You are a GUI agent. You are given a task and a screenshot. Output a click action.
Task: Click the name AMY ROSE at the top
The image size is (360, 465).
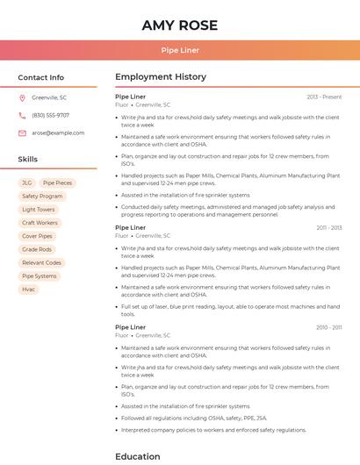point(180,25)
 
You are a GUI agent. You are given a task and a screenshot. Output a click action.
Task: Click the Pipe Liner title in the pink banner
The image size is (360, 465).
point(180,50)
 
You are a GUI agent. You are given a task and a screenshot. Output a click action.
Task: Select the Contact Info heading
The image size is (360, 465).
point(41,77)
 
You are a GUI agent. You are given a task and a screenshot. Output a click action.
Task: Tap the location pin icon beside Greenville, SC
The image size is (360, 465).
point(22,97)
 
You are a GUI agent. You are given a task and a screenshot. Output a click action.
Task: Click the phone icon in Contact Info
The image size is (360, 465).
point(22,115)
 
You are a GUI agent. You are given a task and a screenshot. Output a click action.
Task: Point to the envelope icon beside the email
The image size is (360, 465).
point(22,132)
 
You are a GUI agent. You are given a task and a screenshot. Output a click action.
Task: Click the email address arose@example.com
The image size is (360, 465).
point(58,132)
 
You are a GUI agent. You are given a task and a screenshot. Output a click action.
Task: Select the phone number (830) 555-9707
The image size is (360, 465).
point(50,115)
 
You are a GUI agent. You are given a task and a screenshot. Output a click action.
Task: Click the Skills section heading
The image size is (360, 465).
point(28,159)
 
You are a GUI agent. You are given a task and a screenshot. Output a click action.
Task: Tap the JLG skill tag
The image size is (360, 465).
point(27,182)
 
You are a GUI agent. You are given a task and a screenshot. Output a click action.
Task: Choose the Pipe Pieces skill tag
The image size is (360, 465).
point(58,182)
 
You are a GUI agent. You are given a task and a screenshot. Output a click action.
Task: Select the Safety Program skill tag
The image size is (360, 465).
point(42,196)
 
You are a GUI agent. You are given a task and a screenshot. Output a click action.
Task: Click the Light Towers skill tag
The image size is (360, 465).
point(39,210)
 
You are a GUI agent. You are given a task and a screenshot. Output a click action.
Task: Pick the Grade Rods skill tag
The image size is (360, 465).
point(37,249)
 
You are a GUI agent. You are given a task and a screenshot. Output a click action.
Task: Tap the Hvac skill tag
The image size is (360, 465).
point(29,289)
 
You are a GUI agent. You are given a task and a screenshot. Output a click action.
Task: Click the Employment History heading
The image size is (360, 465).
point(161,77)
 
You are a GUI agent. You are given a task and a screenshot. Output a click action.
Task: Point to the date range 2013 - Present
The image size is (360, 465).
point(324,97)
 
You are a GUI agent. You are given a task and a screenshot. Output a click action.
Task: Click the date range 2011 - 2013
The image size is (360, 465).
point(329,228)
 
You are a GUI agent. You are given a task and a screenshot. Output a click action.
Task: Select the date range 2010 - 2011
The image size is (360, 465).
point(329,327)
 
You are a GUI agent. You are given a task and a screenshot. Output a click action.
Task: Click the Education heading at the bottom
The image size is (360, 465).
point(138,456)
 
